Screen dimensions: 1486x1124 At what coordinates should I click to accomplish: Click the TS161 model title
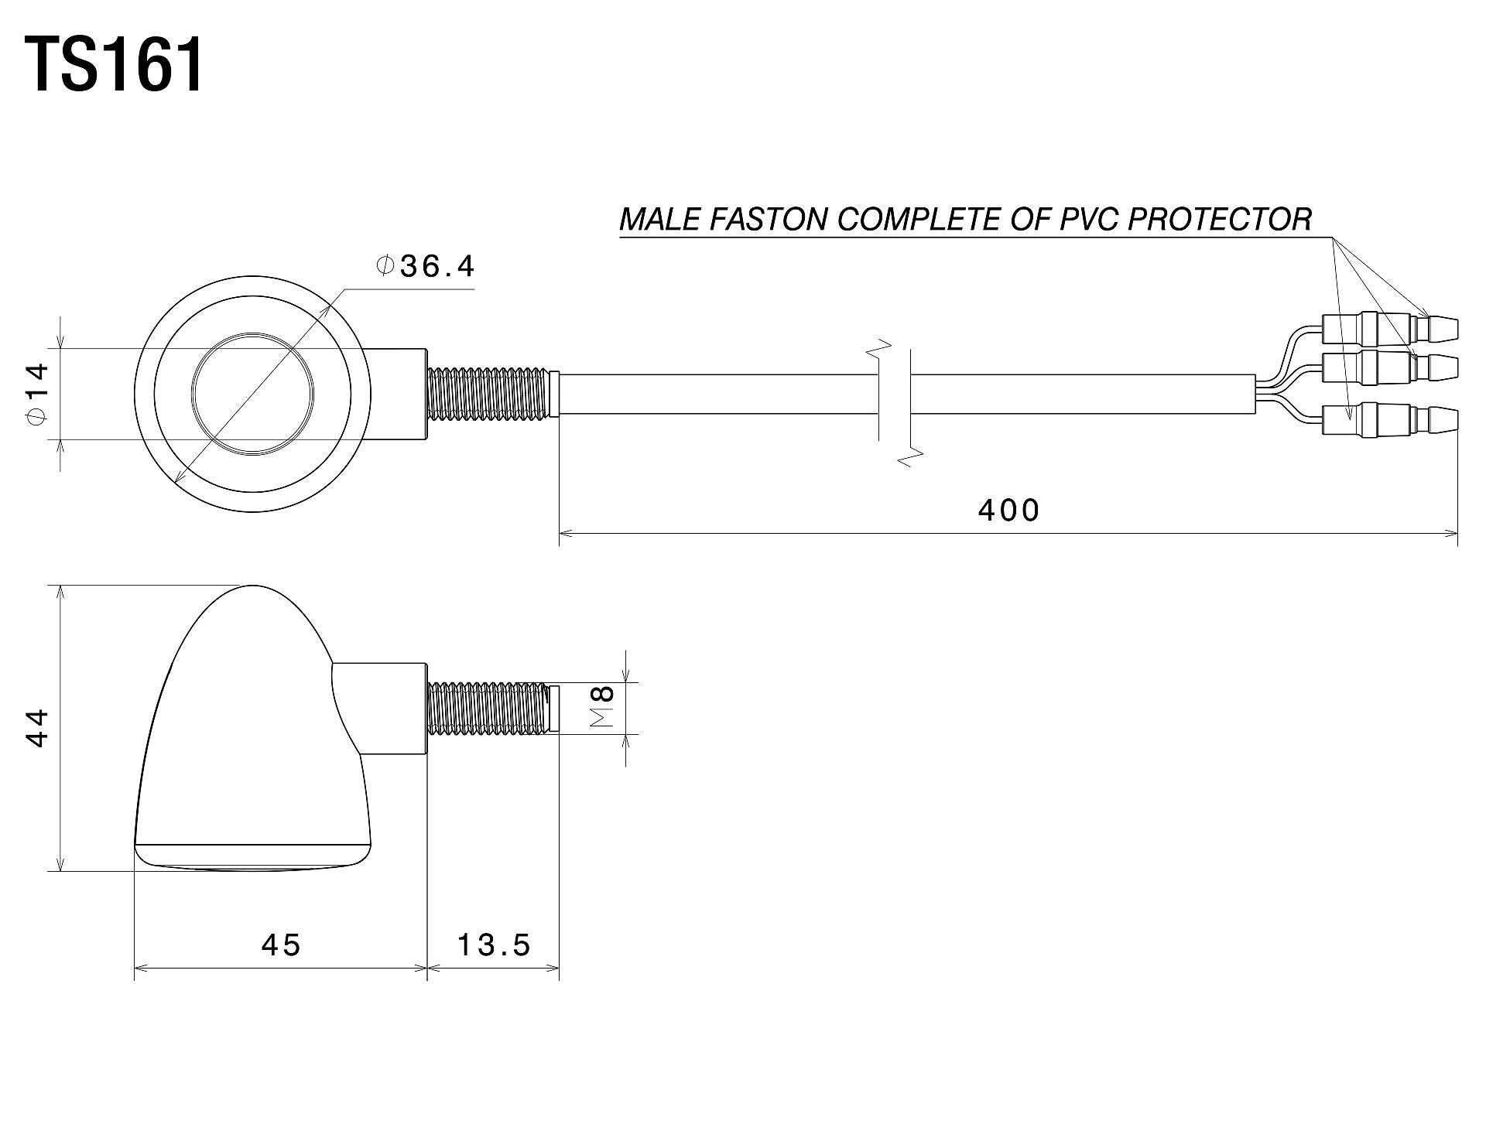pos(116,66)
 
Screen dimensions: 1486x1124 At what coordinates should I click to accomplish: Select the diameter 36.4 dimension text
pos(425,266)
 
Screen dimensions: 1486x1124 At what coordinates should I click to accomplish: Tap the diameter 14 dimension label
pos(37,394)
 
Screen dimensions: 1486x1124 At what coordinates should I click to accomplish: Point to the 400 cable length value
pos(1008,510)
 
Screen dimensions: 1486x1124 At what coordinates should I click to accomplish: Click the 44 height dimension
pos(37,728)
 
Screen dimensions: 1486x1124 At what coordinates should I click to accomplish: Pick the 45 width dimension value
pos(280,944)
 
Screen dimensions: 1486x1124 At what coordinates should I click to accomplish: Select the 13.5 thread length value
pos(494,944)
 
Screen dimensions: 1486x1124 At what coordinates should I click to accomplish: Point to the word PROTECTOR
pos(1219,220)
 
